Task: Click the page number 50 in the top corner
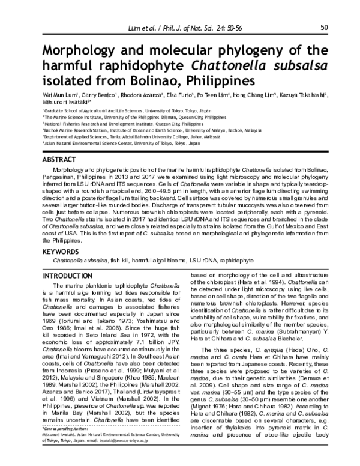[x=323, y=27]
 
